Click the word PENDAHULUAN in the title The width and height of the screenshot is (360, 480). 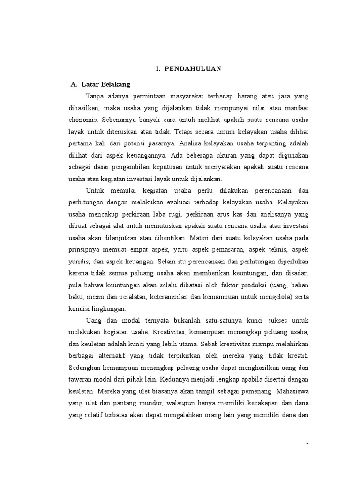pyautogui.click(x=193, y=69)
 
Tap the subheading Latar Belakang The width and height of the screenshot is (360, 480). pyautogui.click(x=105, y=84)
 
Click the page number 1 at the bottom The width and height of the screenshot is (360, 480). pyautogui.click(x=307, y=442)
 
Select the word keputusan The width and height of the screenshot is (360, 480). pyautogui.click(x=175, y=167)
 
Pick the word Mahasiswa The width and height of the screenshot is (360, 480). pyautogui.click(x=290, y=391)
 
